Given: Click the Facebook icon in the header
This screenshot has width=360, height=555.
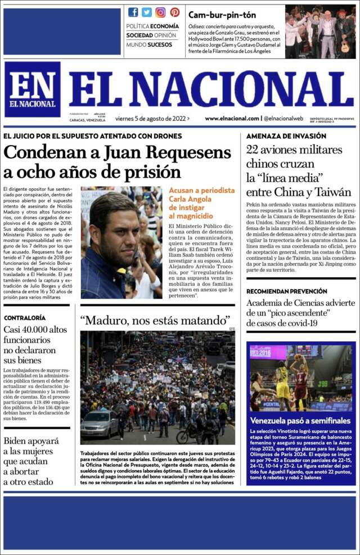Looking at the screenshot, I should click(x=133, y=12).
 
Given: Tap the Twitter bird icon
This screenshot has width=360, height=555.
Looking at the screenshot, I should click(x=147, y=12).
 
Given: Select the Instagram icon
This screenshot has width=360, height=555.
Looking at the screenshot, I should click(x=160, y=12).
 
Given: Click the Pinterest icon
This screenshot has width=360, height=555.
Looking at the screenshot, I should click(x=174, y=12).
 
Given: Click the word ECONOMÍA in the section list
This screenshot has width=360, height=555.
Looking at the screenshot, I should click(x=165, y=26).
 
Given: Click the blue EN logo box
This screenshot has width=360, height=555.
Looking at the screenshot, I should click(x=32, y=89).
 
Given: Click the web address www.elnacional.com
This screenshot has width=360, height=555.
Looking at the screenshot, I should click(x=232, y=119).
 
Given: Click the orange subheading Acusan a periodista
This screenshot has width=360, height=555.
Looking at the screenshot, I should click(x=201, y=190).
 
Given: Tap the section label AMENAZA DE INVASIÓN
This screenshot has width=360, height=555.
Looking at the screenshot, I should click(x=286, y=136).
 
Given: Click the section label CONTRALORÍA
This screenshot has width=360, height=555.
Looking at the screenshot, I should click(x=25, y=318).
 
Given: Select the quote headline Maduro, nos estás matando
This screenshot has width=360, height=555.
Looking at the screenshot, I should click(x=155, y=321).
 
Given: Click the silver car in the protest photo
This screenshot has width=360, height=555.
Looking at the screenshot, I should click(x=100, y=424).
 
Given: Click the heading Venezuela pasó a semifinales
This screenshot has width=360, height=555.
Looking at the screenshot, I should click(x=300, y=421).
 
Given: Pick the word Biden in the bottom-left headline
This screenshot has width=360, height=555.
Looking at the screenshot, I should click(x=18, y=441).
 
